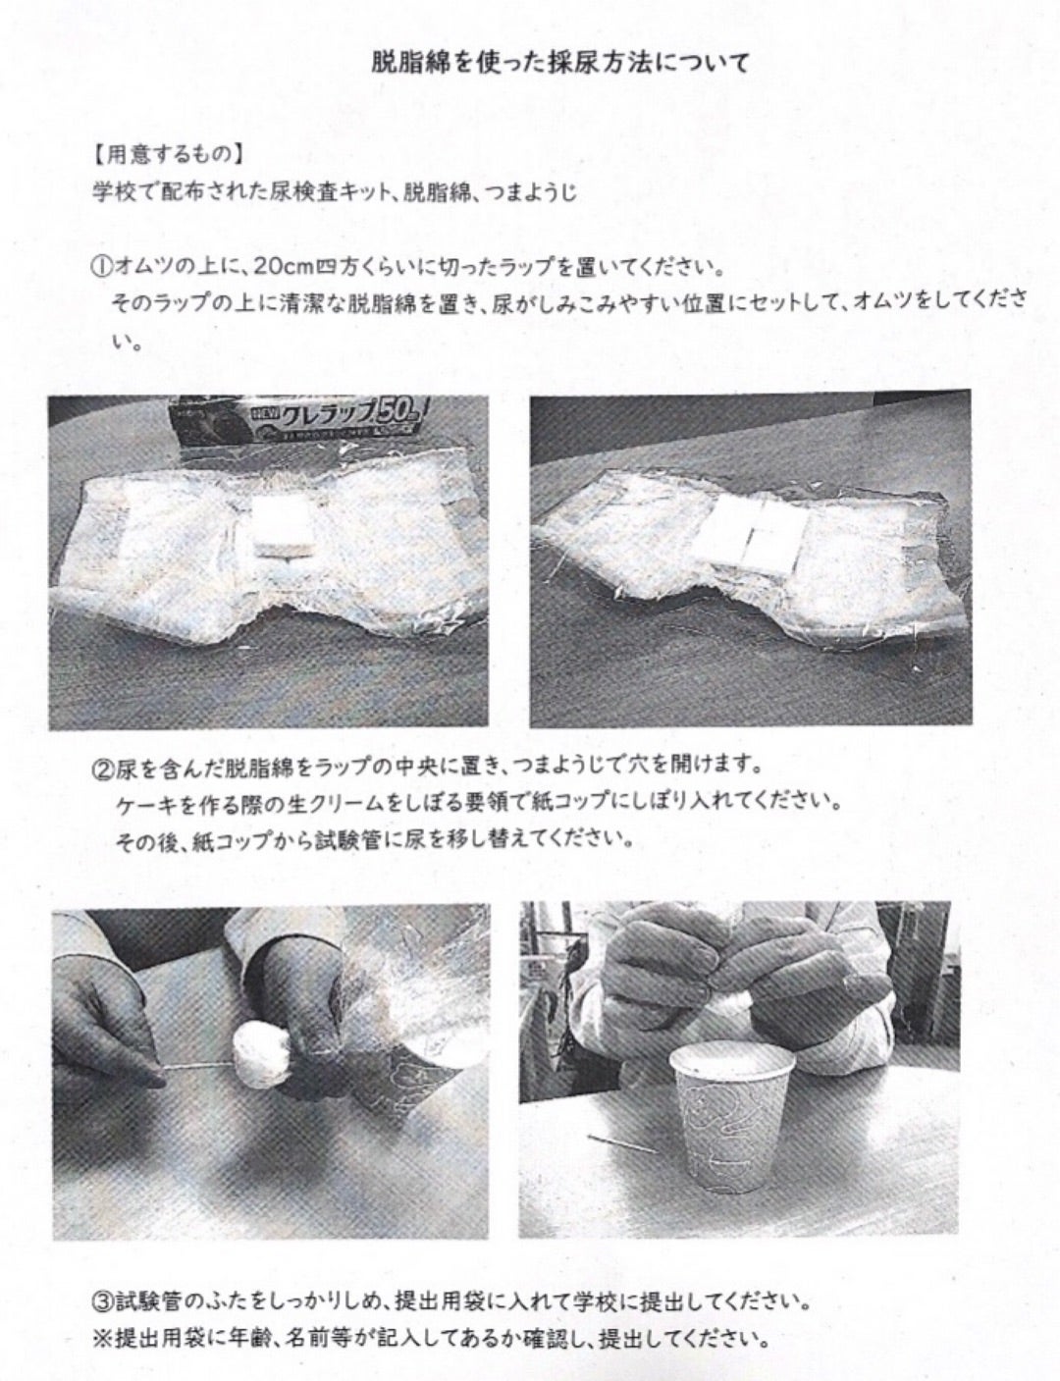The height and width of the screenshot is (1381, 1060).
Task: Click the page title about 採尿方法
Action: click(x=560, y=63)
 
